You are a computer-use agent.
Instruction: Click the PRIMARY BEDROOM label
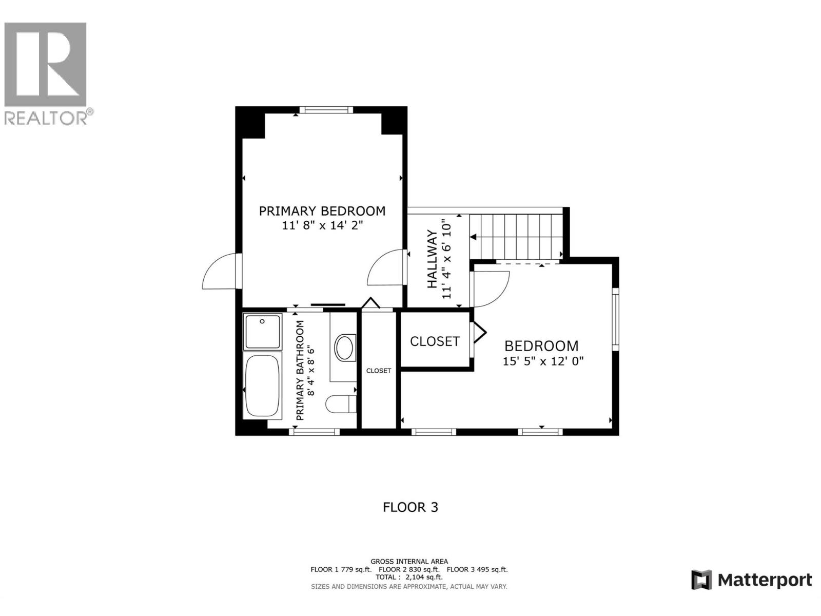322,211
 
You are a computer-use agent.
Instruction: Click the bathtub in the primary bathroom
263,385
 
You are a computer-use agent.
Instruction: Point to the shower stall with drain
262,332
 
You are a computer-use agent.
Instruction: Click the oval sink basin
345,348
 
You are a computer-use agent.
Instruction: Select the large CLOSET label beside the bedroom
435,341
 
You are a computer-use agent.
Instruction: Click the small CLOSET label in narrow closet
379,371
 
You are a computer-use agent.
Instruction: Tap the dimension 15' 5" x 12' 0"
543,361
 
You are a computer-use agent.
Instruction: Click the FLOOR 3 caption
411,507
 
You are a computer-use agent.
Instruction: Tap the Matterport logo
752,580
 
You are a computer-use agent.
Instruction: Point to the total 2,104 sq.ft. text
409,577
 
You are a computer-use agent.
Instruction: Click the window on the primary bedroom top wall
326,109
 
